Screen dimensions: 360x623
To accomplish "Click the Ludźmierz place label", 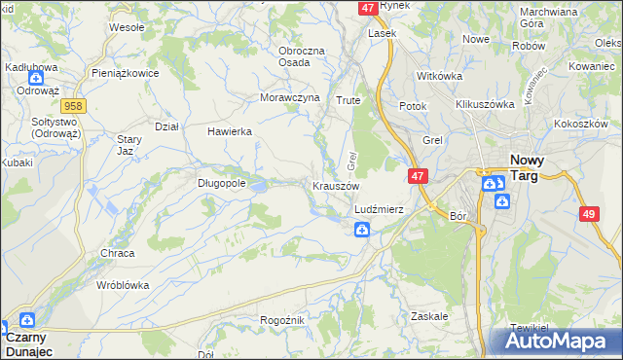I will [379, 209].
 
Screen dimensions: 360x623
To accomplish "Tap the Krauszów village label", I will [337, 186].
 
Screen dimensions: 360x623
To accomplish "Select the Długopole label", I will [222, 181].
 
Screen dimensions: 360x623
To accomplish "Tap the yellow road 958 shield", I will [71, 105].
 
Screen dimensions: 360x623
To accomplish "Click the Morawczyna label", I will [290, 98].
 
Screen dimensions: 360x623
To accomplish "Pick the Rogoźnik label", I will [283, 320].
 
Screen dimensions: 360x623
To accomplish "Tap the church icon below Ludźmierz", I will [361, 230].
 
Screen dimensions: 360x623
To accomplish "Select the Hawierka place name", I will [230, 131].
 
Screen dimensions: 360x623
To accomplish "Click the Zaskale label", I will [429, 316].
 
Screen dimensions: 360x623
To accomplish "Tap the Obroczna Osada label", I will [301, 55].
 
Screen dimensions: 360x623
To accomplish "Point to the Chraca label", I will [117, 253].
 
